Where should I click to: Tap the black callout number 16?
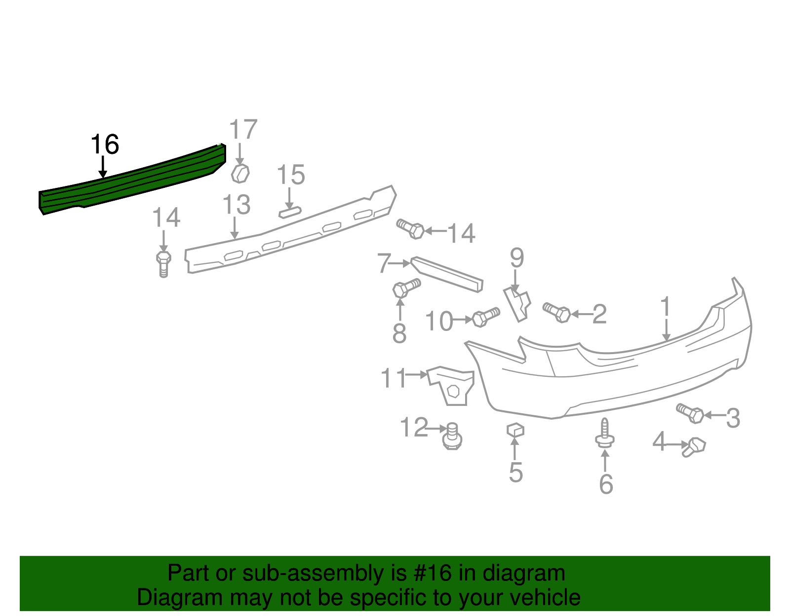pos(105,145)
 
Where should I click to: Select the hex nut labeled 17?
pos(240,174)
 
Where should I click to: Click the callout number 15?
pos(291,175)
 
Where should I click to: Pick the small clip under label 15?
pos(290,212)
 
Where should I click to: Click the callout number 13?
pos(237,205)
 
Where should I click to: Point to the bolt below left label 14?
pos(163,264)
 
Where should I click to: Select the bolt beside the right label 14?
pos(411,229)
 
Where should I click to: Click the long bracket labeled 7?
pos(447,274)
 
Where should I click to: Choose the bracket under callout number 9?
pos(517,304)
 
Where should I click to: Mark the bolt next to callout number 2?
pos(557,312)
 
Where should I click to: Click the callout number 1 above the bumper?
pos(666,307)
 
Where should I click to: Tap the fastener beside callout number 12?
pos(452,436)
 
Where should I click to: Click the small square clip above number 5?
pos(515,430)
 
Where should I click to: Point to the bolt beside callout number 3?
pos(690,413)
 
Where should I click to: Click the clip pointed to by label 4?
pos(694,447)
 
